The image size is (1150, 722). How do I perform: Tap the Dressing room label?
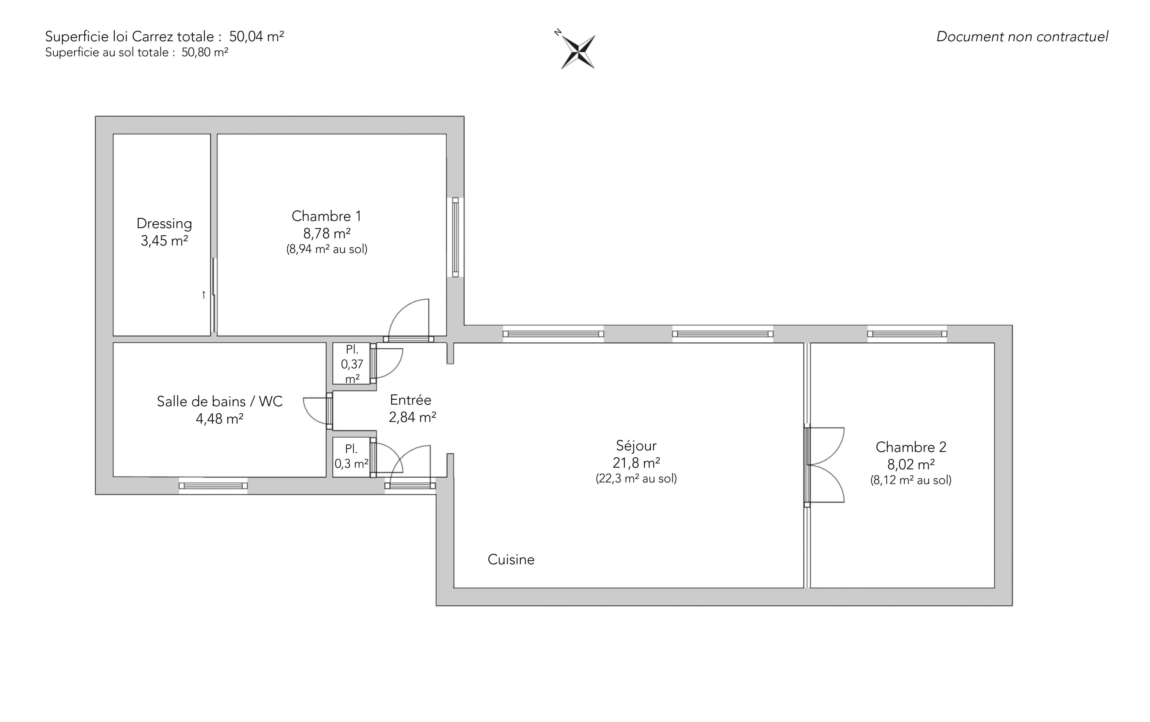(x=164, y=223)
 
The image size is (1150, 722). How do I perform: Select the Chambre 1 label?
(x=327, y=216)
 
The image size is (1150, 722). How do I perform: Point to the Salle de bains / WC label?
(x=220, y=402)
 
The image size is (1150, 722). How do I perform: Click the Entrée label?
(x=411, y=400)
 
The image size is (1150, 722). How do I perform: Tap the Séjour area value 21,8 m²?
(x=636, y=463)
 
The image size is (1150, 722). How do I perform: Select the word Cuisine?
(x=511, y=560)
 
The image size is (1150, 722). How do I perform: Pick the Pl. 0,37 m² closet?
(x=352, y=364)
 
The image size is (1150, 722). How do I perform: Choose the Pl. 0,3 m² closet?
(x=352, y=457)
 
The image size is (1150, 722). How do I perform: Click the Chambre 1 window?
(x=456, y=237)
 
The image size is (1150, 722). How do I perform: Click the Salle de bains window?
(x=213, y=486)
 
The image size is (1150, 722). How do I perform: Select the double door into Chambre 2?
(x=825, y=465)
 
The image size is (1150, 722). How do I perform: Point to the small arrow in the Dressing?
(x=204, y=295)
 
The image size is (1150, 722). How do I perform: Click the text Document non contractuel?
(x=1022, y=37)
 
